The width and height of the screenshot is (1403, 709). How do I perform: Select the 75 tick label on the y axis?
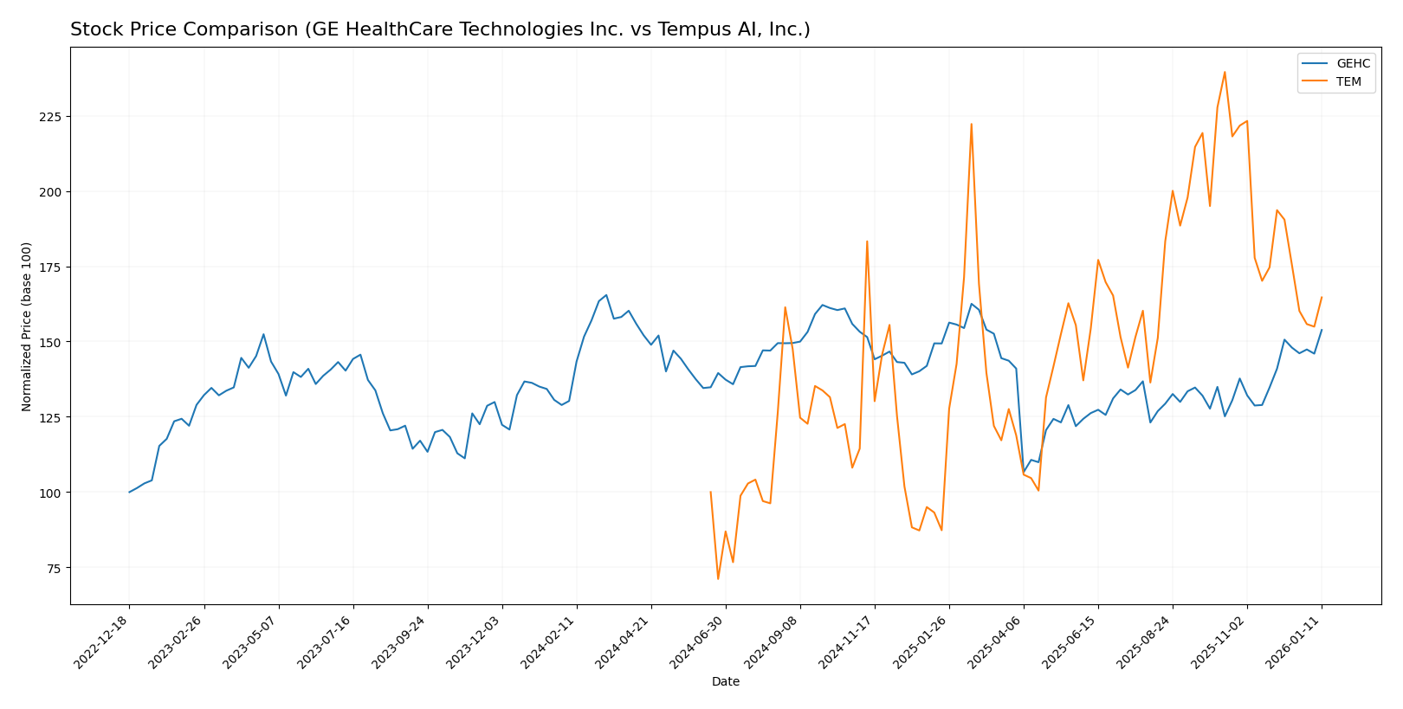point(53,568)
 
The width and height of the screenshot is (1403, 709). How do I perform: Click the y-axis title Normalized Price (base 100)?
point(27,326)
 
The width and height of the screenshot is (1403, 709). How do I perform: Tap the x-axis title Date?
point(725,682)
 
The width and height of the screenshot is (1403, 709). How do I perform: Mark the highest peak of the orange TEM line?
point(1225,72)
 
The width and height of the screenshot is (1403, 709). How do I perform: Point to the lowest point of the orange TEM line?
point(718,579)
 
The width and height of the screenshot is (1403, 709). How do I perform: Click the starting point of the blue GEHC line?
point(130,493)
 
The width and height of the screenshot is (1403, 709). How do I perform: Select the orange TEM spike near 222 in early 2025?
point(971,124)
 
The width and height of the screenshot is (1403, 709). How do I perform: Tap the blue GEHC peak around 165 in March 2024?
point(606,295)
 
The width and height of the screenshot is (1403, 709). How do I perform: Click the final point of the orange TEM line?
point(1322,297)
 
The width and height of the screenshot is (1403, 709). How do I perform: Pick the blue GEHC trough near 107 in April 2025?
point(1024,472)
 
